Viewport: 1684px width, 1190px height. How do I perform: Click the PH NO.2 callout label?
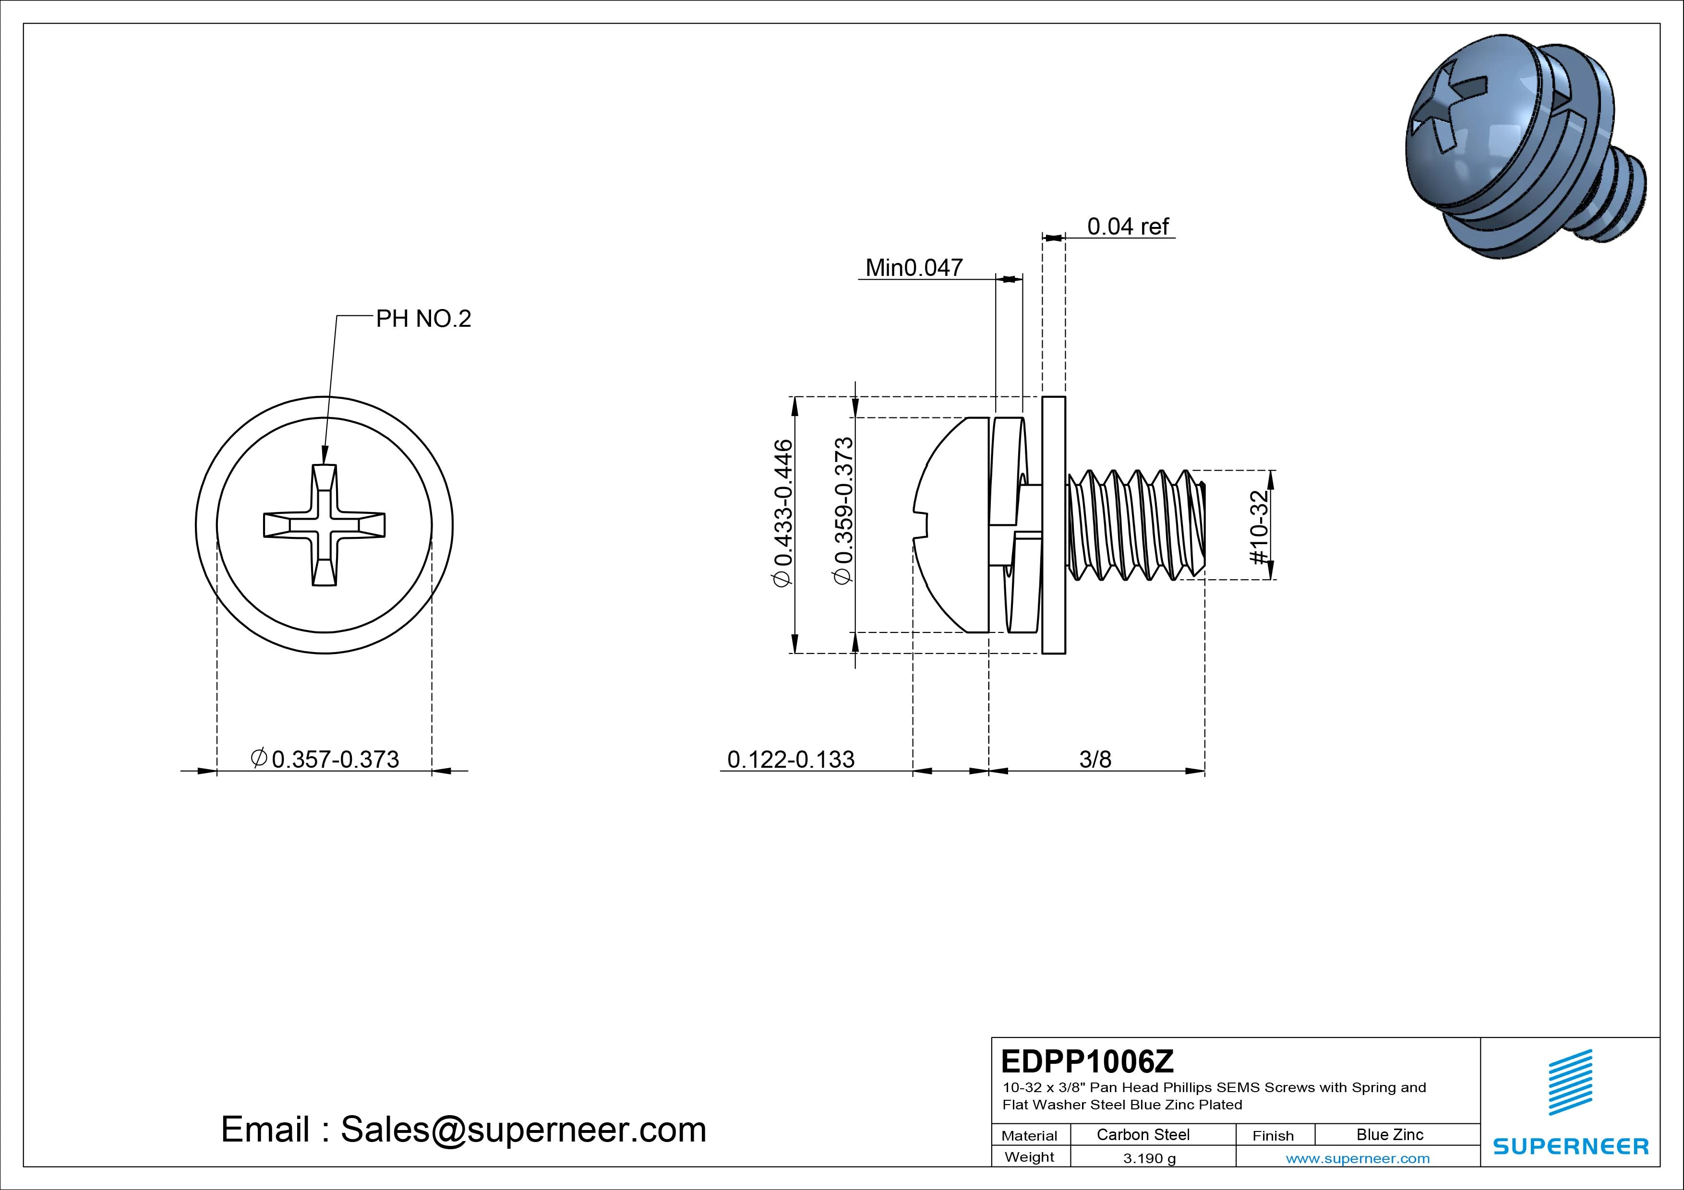423,319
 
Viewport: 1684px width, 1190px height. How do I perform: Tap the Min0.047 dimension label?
914,268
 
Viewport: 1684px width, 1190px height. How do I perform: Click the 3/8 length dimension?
1095,760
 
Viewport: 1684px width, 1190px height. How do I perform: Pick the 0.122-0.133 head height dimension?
791,760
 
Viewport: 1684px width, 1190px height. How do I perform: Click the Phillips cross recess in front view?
324,525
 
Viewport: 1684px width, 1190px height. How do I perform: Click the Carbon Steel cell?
1143,1135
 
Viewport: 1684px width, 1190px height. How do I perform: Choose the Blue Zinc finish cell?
1390,1135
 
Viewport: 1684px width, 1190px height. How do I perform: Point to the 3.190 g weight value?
1149,1158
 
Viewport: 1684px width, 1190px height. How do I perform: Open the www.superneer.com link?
1358,1158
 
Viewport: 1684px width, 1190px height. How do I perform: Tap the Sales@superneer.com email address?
523,1130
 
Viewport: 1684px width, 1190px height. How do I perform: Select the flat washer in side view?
1053,525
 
